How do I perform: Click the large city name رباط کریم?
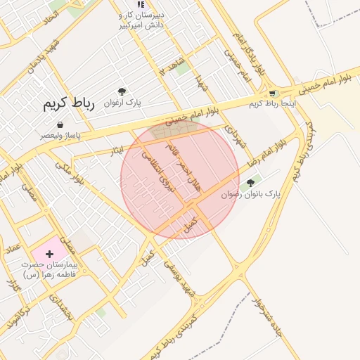click(x=67, y=104)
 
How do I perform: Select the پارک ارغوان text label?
click(x=123, y=103)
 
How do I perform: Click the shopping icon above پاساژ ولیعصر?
click(x=60, y=124)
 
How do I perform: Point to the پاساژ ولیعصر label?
click(x=59, y=134)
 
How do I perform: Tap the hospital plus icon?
click(x=49, y=253)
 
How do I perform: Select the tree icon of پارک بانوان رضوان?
click(x=251, y=183)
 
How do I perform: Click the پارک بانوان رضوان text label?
click(x=251, y=194)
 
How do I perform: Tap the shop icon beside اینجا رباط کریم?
click(x=271, y=94)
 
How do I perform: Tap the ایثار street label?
click(x=117, y=149)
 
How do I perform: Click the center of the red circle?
click(x=180, y=179)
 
